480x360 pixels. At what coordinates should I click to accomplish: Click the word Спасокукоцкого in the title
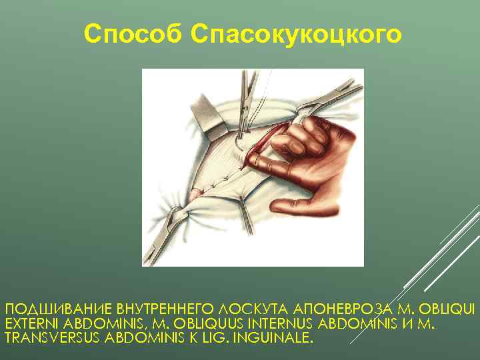(x=296, y=34)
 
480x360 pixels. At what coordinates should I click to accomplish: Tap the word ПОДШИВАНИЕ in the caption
(x=58, y=310)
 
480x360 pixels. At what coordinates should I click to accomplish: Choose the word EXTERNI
(x=31, y=324)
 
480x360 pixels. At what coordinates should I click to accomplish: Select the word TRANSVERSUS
(x=53, y=338)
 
